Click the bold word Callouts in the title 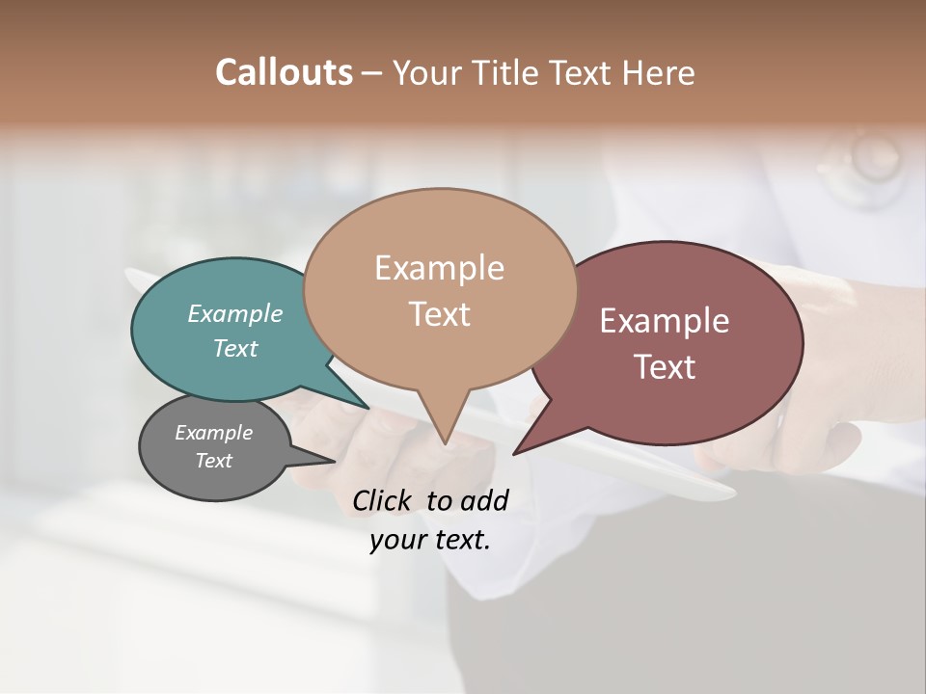284,72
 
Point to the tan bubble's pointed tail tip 445,443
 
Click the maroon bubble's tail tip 514,453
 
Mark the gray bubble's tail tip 335,461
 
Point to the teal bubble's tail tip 368,409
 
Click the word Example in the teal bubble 235,313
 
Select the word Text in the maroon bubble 666,367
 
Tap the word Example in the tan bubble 439,268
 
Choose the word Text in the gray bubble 214,461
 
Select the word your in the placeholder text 395,540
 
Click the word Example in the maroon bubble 665,321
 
